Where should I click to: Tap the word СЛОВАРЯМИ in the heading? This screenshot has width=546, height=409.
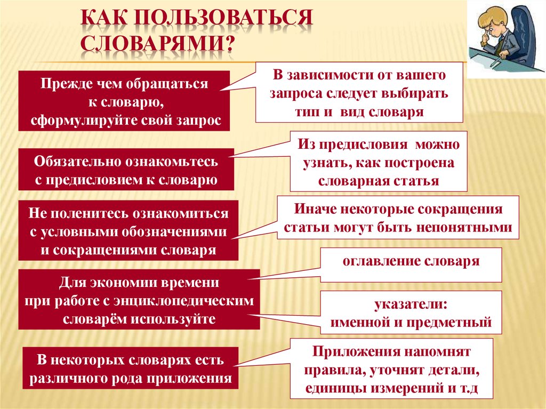tap(152, 43)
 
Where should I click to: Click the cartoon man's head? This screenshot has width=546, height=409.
tap(491, 26)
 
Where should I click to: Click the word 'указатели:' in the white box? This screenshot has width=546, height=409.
tap(411, 304)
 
